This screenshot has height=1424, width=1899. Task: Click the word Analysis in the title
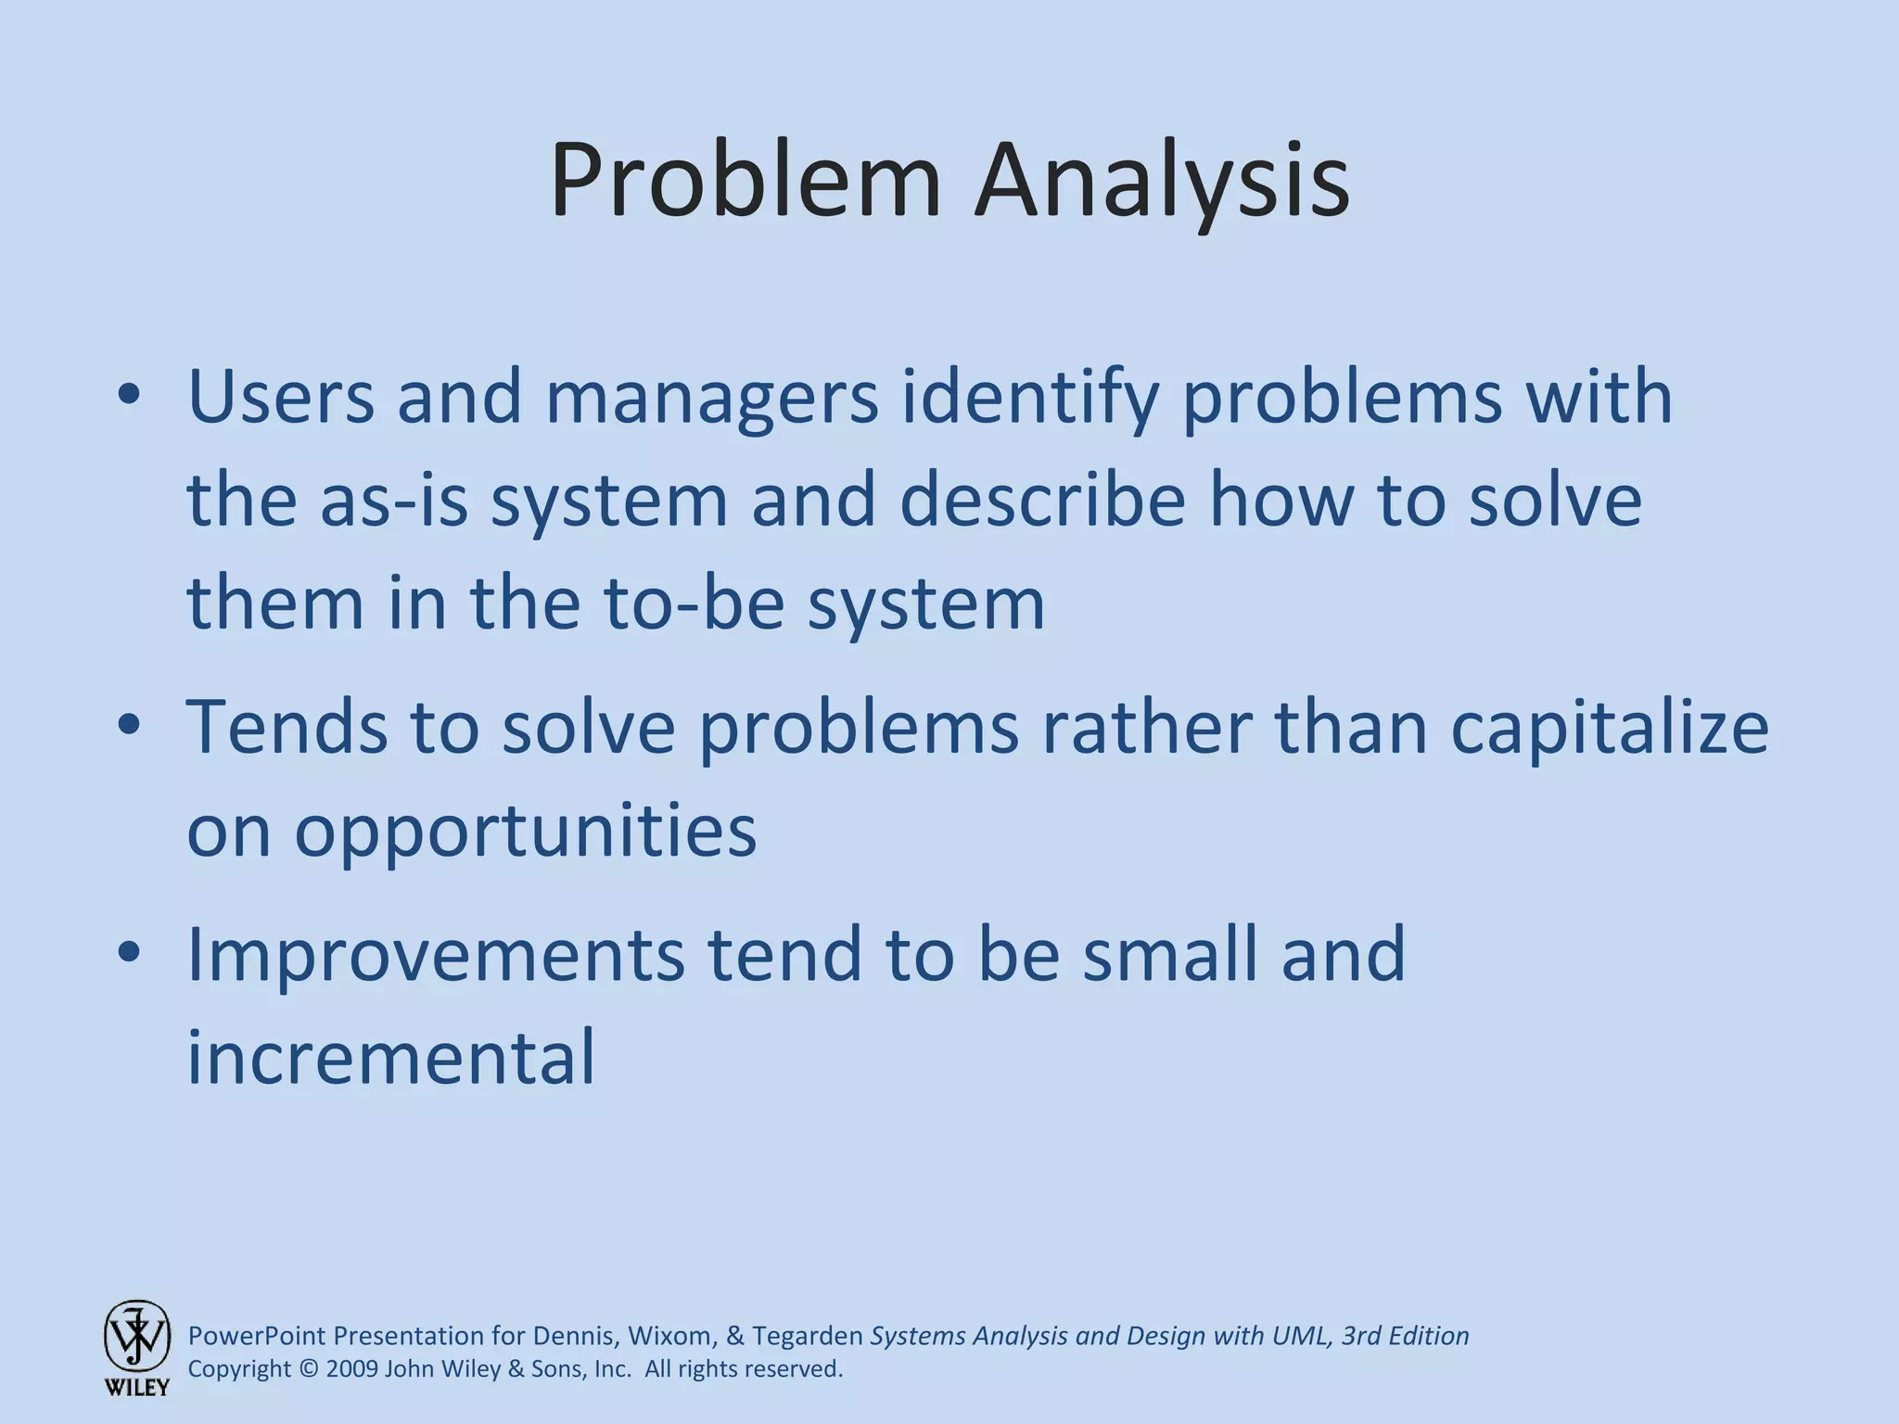coord(1161,181)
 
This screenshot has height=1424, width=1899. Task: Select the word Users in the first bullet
coord(281,397)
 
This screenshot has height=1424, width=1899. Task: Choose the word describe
coord(1042,501)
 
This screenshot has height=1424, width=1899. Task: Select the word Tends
coord(286,728)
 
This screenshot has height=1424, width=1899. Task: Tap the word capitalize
coord(1610,728)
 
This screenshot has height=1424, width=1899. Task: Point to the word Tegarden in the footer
coord(808,1336)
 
